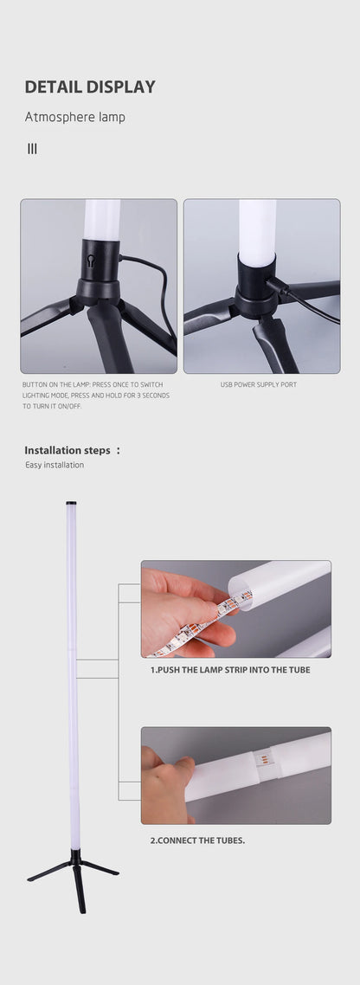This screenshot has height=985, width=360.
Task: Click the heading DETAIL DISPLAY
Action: [x=90, y=87]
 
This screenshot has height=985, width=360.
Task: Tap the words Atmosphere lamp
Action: [x=74, y=117]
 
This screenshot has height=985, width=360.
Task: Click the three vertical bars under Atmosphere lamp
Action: [x=32, y=149]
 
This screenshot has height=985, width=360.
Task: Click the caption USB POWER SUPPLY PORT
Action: [x=259, y=384]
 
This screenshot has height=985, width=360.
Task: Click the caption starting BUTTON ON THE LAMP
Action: [x=95, y=395]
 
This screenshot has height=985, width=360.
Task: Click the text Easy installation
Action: [x=55, y=466]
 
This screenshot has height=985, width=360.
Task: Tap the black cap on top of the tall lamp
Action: [x=71, y=502]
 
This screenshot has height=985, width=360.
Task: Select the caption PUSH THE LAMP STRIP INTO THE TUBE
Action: [x=230, y=670]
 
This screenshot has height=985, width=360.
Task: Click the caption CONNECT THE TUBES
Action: [x=197, y=840]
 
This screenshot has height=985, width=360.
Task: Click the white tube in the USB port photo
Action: [x=257, y=229]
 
